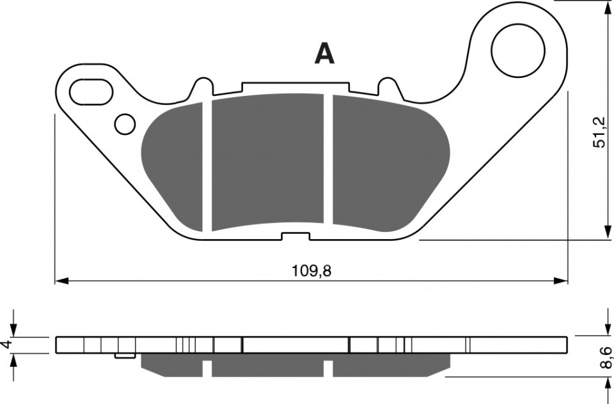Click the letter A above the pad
pos(325,54)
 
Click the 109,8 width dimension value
pos(311,270)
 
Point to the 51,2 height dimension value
pos(599,132)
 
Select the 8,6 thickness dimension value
pos(606,357)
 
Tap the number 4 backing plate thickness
pos(6,345)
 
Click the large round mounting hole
pos(518,50)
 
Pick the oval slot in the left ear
pos(91,92)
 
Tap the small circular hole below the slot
pos(125,125)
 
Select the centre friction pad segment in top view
pos(268,161)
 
